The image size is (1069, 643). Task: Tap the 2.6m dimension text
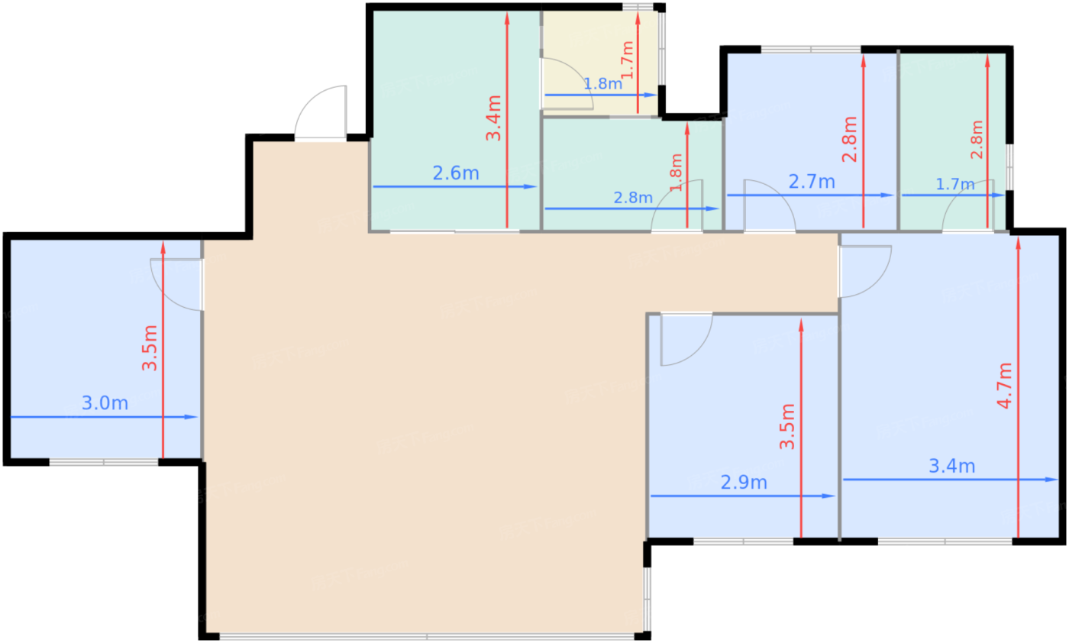coord(456,173)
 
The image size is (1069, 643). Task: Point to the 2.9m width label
coord(744,483)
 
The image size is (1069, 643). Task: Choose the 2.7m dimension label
coord(811,182)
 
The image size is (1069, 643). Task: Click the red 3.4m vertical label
coord(494,118)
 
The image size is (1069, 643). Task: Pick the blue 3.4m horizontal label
coord(951,466)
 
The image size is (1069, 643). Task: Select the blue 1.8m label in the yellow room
coord(603,84)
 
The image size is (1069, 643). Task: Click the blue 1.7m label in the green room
coord(955,184)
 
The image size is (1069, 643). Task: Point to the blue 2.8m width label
coord(633,198)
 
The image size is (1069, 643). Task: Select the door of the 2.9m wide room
coord(684,338)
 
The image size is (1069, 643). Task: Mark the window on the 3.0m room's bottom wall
coord(104,462)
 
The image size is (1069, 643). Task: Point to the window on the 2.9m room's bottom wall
coord(743,541)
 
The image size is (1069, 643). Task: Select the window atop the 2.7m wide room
coord(810,50)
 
